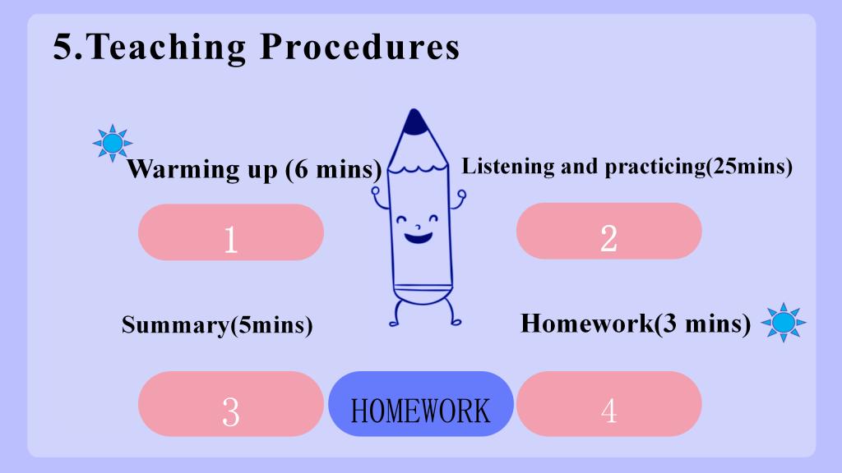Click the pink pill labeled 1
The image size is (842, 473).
click(231, 232)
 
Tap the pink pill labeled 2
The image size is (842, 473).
click(609, 231)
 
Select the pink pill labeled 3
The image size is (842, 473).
click(231, 404)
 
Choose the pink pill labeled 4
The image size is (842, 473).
click(609, 404)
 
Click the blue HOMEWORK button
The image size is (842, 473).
click(420, 404)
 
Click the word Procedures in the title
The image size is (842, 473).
click(360, 47)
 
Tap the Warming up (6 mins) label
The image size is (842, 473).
click(254, 170)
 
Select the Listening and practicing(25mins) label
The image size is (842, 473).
click(627, 167)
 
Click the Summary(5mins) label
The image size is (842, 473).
click(217, 325)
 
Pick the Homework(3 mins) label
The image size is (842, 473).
click(636, 324)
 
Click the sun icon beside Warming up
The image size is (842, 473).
click(112, 143)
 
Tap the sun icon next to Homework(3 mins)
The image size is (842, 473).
click(784, 322)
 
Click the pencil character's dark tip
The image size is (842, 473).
click(414, 123)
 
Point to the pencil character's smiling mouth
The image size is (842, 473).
click(418, 236)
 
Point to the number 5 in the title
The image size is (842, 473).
click(62, 47)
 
